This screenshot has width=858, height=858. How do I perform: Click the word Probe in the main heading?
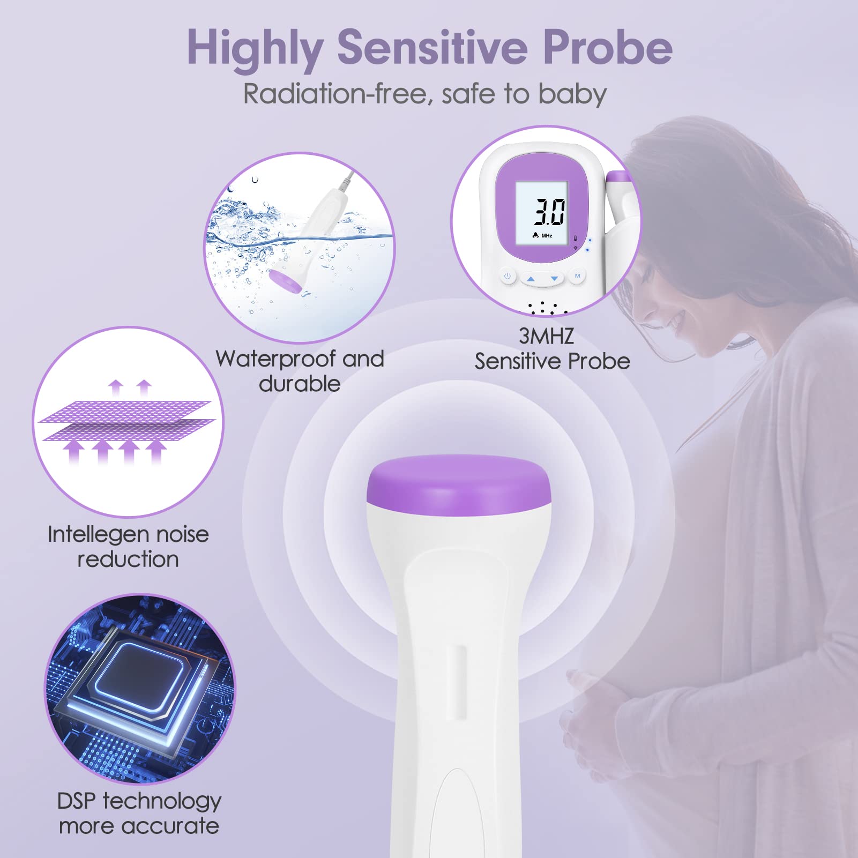pos(608,48)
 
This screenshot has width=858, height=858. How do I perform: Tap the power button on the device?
pos(507,277)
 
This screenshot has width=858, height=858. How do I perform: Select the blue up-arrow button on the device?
pos(531,279)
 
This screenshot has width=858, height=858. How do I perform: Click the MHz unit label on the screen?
pos(547,236)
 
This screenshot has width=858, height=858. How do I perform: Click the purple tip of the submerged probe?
pos(285,281)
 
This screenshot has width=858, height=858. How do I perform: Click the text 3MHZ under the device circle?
pos(546,336)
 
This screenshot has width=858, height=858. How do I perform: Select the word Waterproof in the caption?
pos(277,359)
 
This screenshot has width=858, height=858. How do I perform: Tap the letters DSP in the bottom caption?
pos(77,801)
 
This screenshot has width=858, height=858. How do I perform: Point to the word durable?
pos(300,384)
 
